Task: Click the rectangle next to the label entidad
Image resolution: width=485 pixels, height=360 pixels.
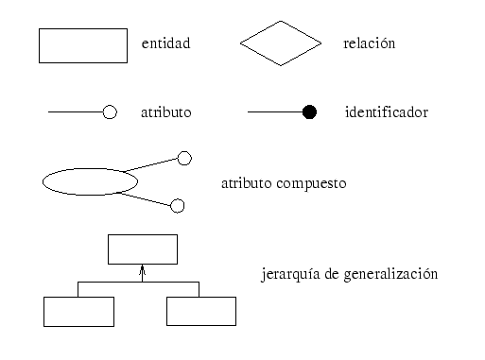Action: point(82,45)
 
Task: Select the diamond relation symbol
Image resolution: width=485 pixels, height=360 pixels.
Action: point(280,44)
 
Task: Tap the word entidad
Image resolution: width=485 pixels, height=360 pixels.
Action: point(165,44)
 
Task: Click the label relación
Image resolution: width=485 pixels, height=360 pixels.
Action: point(369,44)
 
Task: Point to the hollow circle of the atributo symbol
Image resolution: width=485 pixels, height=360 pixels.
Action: point(109,112)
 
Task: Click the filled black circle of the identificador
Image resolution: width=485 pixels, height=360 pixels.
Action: point(308,112)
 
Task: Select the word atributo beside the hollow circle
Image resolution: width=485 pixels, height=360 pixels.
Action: point(165,112)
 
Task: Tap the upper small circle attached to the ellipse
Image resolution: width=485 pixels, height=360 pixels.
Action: point(184,158)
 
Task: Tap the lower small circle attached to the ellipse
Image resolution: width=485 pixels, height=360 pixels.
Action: point(177,205)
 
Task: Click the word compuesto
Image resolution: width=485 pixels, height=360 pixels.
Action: point(314,182)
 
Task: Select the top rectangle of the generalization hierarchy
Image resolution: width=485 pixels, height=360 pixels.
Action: point(143,249)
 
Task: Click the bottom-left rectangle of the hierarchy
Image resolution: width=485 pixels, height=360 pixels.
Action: point(78,312)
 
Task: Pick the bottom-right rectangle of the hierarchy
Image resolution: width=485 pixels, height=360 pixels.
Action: point(201,312)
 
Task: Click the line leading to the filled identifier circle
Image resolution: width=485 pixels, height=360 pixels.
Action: point(274,112)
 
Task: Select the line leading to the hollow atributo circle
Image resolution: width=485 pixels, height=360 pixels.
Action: point(75,112)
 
